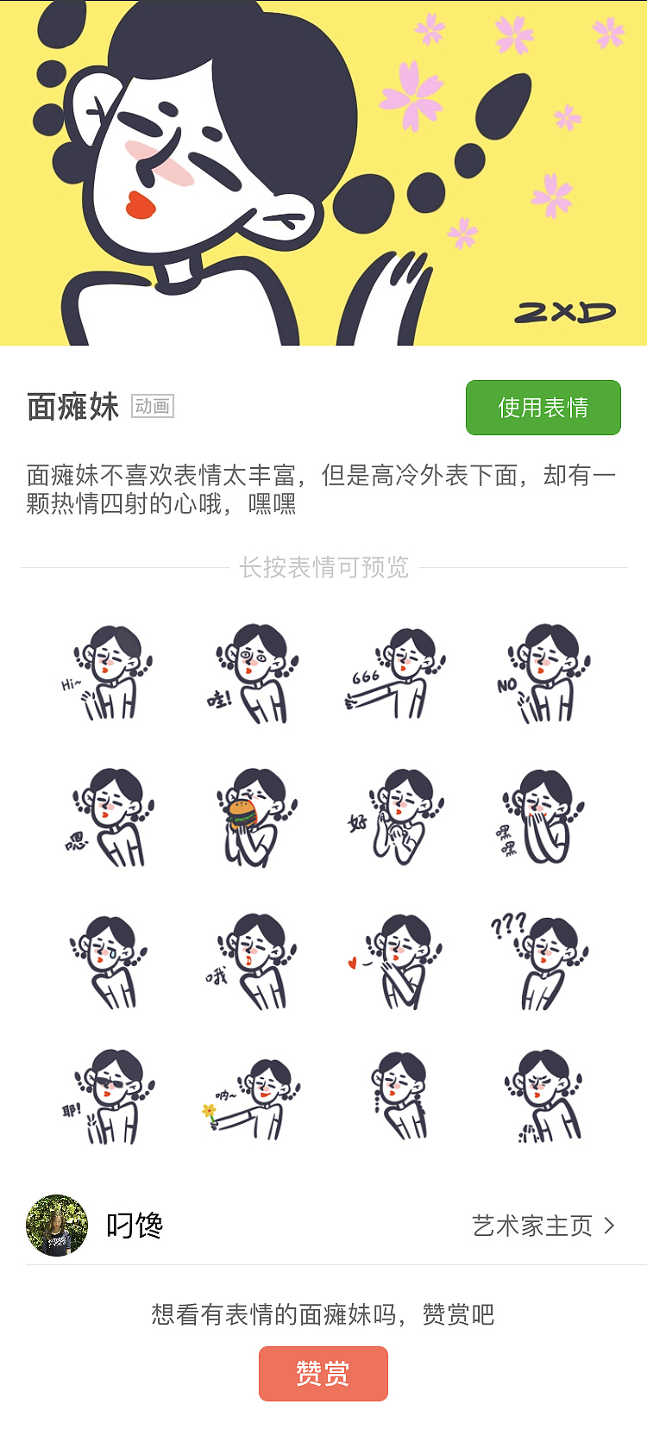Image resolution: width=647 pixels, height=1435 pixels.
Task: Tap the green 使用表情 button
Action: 543,408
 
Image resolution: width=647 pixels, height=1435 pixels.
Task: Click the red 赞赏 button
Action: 323,1373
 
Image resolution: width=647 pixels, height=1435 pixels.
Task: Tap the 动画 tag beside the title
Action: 153,406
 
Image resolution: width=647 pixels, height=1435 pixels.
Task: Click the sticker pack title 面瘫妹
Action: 73,407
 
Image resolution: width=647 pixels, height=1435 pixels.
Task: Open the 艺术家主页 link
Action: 543,1226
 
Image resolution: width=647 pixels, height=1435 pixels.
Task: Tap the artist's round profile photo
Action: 57,1226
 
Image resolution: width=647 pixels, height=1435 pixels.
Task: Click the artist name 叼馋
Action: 135,1226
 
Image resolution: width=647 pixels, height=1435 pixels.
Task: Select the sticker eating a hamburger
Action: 252,817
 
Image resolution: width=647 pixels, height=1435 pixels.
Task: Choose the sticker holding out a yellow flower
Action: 252,1099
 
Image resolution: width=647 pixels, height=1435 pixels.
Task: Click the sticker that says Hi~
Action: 108,674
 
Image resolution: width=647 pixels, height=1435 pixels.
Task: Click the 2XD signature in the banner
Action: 565,312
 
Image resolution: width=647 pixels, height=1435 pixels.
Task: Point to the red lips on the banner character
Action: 140,205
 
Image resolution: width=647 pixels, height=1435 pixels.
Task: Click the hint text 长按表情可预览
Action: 323,568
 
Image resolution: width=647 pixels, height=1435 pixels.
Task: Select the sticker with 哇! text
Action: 252,674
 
